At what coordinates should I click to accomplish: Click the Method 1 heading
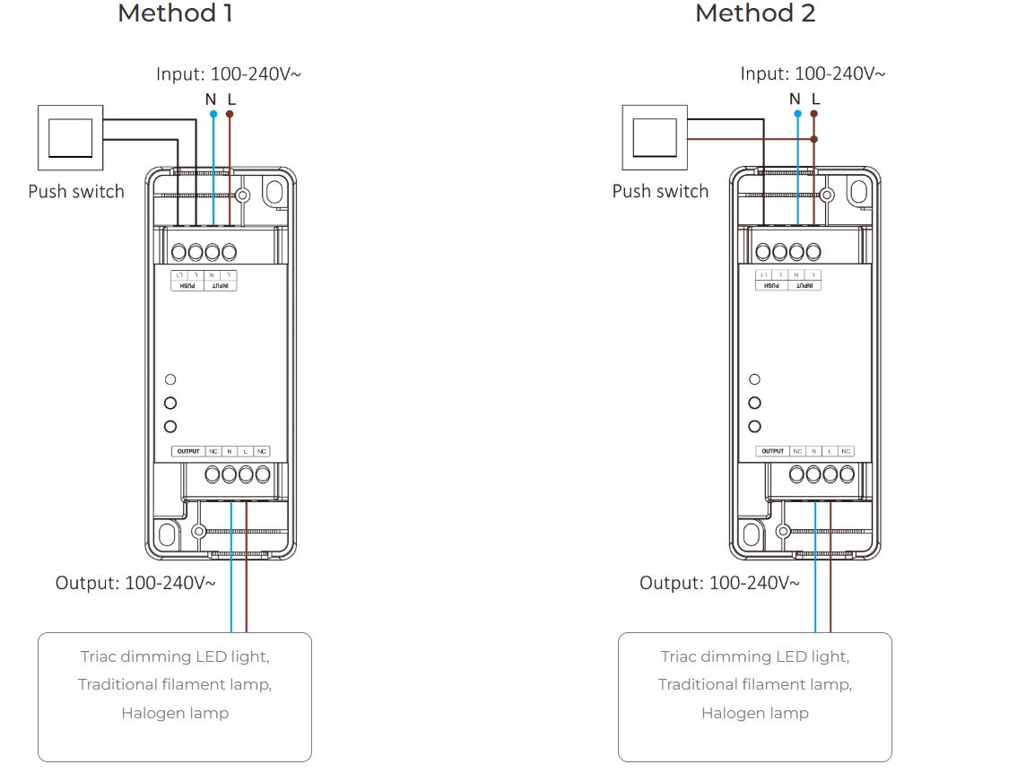175,14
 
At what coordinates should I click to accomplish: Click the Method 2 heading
755,14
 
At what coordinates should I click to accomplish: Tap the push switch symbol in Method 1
69,137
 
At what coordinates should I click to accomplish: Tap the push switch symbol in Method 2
654,137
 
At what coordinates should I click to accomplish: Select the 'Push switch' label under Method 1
76,191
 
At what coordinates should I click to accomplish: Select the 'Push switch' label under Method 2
660,191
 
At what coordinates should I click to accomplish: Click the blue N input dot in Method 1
213,115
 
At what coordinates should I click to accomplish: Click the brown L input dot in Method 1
230,115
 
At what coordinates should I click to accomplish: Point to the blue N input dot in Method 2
796,115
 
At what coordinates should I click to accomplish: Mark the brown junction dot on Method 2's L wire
814,139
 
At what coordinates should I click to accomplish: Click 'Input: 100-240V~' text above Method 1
229,74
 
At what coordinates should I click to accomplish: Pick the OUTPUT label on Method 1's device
188,451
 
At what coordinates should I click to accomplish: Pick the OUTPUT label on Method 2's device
772,451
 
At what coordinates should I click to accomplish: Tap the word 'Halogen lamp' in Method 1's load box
175,714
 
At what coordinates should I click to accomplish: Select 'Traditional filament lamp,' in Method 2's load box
755,685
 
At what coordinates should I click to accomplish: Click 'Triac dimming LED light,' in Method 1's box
175,656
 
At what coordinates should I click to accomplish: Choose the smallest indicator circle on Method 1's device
170,380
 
